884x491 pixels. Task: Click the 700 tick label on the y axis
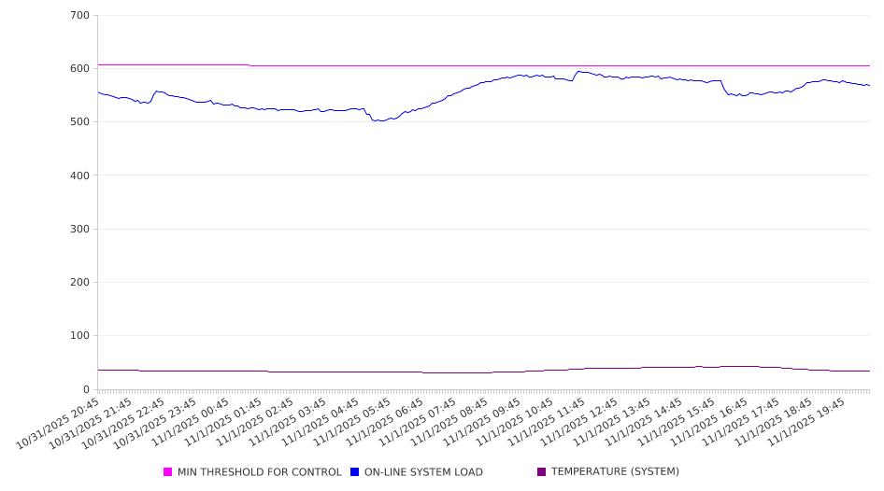[x=80, y=16]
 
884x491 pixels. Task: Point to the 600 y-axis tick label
[x=80, y=69]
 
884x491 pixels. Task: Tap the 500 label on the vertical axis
[x=80, y=122]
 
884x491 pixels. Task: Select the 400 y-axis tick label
[x=80, y=175]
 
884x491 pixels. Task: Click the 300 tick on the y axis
[x=80, y=230]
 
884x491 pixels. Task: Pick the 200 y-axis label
[x=80, y=283]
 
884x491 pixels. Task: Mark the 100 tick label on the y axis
[x=80, y=336]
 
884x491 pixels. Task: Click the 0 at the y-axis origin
[x=87, y=389]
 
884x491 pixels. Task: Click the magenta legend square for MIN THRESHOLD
[x=168, y=472]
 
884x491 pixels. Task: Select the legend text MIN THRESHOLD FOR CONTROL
[x=259, y=472]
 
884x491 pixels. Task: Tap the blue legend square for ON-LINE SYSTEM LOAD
[x=355, y=472]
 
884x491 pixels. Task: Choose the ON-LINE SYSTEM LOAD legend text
[x=423, y=472]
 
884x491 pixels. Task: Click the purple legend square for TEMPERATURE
[x=542, y=472]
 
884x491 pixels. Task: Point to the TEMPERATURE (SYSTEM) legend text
[x=615, y=472]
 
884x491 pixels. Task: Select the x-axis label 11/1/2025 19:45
[x=810, y=420]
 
